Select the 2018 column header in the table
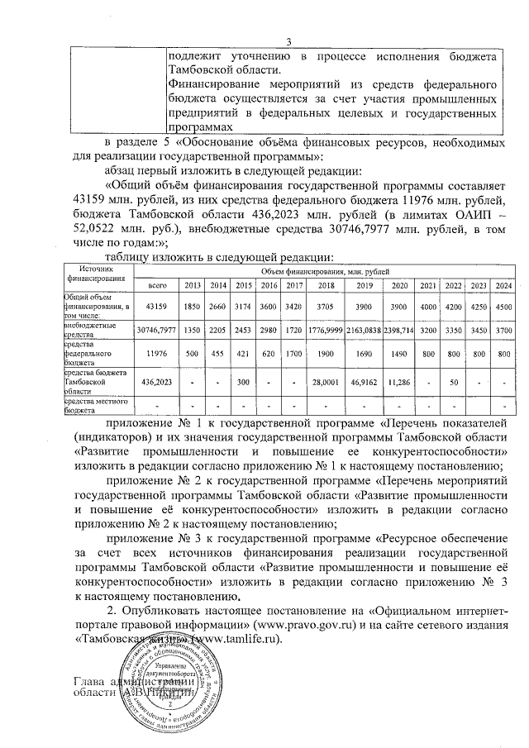[x=325, y=285]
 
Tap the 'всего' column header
[x=157, y=285]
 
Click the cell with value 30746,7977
[x=157, y=328]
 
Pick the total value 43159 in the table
[x=157, y=306]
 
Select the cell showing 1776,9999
[x=325, y=328]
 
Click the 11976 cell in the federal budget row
[x=157, y=353]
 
